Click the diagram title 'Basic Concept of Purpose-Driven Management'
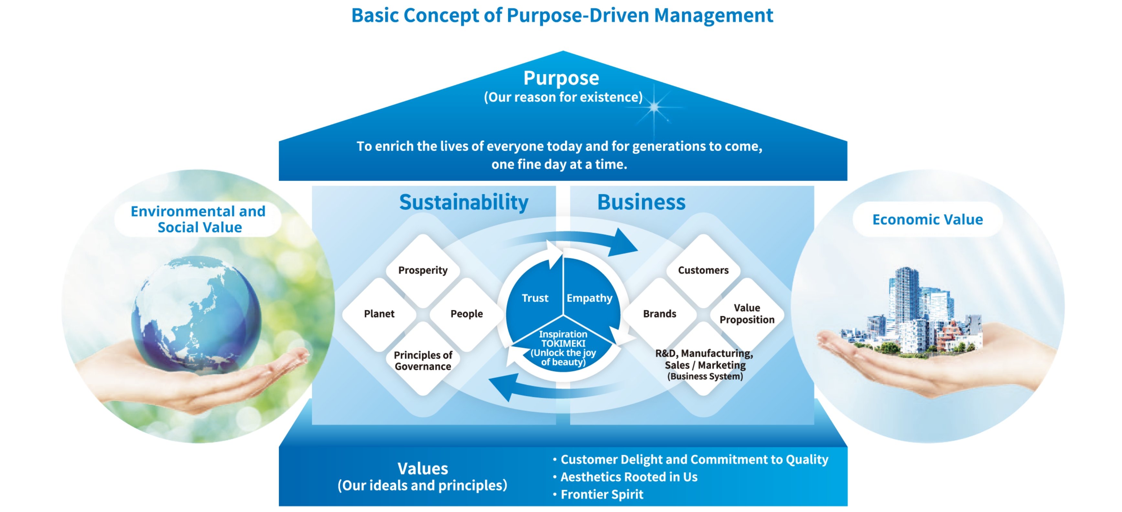tap(562, 16)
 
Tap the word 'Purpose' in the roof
tap(561, 78)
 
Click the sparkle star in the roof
tap(654, 107)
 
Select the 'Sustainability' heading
tap(463, 202)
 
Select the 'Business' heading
tap(641, 202)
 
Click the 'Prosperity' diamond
tap(423, 270)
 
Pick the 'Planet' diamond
tap(379, 314)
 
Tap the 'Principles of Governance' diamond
tap(423, 360)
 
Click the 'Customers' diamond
tap(703, 270)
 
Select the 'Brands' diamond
tap(659, 314)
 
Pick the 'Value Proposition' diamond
tap(747, 314)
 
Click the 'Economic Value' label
tap(927, 220)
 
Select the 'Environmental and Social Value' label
tap(199, 219)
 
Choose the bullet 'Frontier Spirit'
tap(601, 495)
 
